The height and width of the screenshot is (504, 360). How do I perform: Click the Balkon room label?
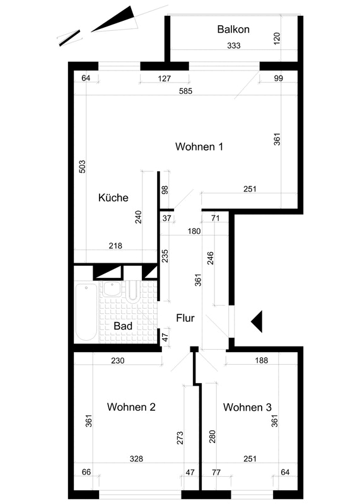[233, 29]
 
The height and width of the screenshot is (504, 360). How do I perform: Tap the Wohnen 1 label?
[199, 147]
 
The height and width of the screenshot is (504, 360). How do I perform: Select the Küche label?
[113, 197]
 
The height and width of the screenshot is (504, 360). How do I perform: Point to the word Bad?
[123, 326]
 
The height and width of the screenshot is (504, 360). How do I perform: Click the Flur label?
[185, 318]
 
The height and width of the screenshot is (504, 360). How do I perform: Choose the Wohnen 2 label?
[131, 407]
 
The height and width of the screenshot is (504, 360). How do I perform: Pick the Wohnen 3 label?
[247, 407]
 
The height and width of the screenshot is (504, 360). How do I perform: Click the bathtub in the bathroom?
[86, 312]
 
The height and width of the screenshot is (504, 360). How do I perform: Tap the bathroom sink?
[112, 289]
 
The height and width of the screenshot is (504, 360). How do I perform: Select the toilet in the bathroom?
[132, 291]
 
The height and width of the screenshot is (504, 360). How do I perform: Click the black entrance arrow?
[257, 321]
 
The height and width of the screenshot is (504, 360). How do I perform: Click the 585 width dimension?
[185, 91]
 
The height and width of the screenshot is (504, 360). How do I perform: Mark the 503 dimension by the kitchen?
[83, 166]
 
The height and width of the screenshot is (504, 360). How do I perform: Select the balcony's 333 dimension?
[234, 45]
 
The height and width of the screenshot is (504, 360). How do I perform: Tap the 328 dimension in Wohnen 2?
[136, 459]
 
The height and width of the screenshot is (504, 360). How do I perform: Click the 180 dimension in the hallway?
[194, 231]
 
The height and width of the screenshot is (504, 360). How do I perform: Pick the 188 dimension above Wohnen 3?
[261, 360]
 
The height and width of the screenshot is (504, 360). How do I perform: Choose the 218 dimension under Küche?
[115, 246]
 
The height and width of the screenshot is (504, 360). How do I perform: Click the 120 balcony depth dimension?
[277, 38]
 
